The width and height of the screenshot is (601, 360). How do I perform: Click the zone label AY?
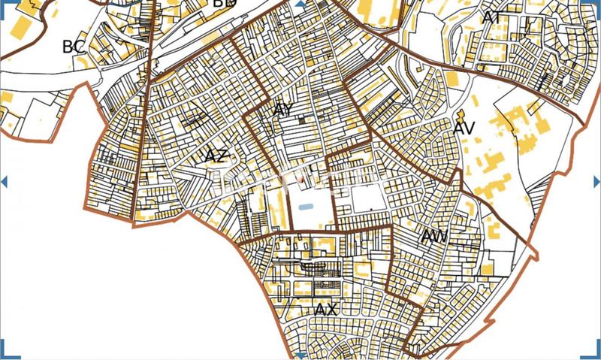[282, 110]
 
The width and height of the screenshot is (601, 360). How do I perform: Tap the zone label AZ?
[216, 156]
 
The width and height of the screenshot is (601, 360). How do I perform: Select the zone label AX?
[325, 310]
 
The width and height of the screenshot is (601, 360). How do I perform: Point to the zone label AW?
[434, 237]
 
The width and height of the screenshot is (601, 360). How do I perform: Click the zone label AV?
[464, 129]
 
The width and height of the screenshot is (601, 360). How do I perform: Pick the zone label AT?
[493, 17]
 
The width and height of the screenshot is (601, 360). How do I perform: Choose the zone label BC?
[74, 47]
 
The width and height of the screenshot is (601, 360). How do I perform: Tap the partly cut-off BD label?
[224, 4]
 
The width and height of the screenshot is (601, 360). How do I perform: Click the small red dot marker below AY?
[301, 180]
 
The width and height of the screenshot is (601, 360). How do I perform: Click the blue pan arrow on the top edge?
[300, 5]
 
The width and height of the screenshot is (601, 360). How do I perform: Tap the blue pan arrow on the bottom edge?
[300, 355]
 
